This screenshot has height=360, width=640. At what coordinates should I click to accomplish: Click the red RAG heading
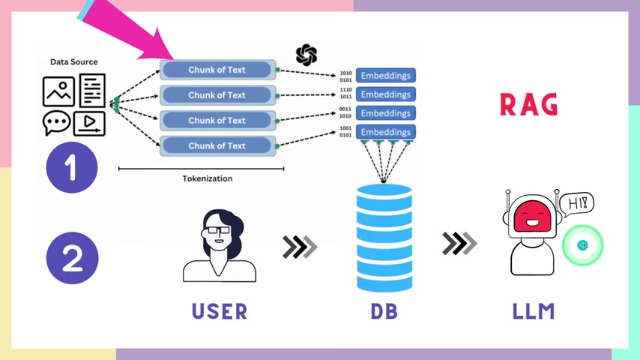tap(528, 105)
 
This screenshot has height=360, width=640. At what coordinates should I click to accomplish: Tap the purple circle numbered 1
tap(72, 167)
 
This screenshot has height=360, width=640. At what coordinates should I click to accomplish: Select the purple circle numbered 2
tap(72, 258)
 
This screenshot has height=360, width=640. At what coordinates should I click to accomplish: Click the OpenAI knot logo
tap(307, 55)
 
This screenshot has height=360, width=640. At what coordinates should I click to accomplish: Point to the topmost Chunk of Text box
tap(217, 70)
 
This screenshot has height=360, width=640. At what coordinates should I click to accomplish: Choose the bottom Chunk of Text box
tap(217, 145)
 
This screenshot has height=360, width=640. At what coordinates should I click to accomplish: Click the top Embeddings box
tap(386, 76)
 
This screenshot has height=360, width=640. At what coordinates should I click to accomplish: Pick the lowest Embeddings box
tap(386, 132)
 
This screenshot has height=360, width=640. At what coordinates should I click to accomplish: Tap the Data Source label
tap(73, 61)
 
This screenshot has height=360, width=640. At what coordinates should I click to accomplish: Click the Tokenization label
tap(208, 178)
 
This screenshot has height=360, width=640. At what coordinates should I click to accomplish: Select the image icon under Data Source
tap(58, 91)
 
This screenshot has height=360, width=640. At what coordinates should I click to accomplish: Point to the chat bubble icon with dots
tap(56, 122)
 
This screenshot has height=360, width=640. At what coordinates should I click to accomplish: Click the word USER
tap(220, 310)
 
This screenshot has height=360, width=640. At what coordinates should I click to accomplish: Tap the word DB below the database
tap(384, 310)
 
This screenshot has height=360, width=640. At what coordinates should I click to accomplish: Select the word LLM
tap(534, 310)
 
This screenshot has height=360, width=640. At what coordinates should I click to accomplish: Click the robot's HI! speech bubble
tap(576, 202)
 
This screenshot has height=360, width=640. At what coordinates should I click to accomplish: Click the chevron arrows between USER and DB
tap(300, 247)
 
